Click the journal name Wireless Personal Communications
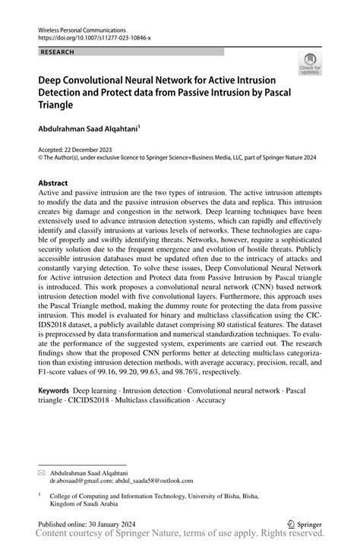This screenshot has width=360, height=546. [82, 27]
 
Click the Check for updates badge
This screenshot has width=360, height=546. [310, 65]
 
